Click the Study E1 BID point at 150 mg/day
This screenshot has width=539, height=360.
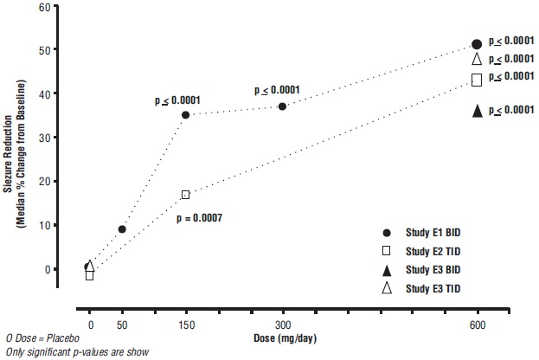click(185, 114)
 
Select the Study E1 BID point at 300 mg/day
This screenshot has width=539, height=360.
click(282, 106)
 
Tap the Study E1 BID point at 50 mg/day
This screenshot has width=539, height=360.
click(122, 229)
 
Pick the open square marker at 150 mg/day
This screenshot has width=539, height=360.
click(185, 195)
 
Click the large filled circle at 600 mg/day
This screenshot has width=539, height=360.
click(477, 44)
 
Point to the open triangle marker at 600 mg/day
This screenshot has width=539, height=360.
click(477, 60)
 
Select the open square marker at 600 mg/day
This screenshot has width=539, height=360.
click(477, 80)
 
